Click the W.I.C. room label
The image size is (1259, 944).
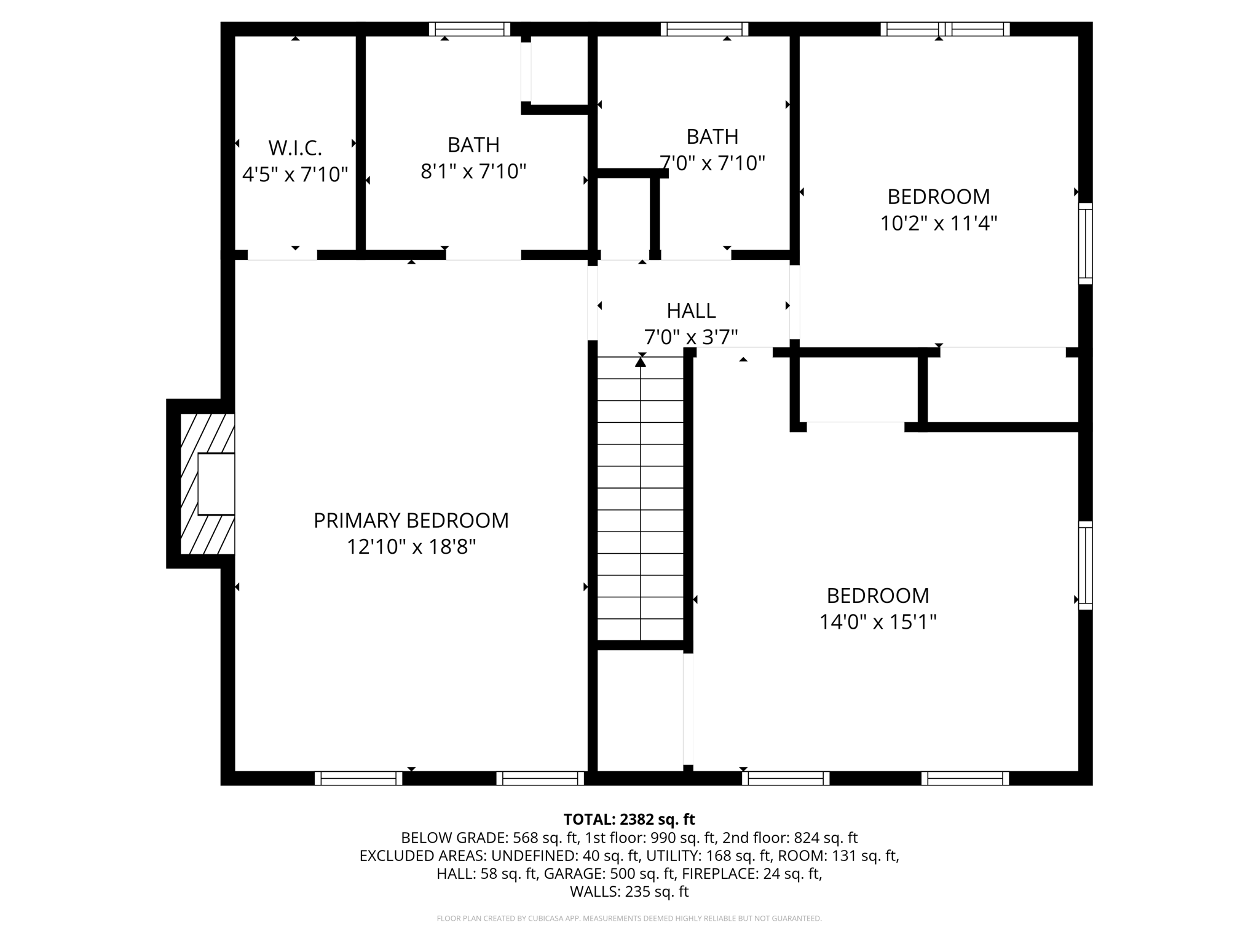coord(295,148)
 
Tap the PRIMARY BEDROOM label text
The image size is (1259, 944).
coord(411,521)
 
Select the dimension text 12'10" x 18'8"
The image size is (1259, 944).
coord(411,547)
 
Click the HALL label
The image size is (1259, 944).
coord(691,311)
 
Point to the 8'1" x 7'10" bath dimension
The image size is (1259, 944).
coord(473,171)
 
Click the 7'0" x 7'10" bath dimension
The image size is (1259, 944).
coord(712,163)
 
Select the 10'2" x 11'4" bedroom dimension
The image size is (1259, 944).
coord(938,223)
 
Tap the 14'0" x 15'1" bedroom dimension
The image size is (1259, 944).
coord(877,622)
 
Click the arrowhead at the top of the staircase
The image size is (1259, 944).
coord(641,363)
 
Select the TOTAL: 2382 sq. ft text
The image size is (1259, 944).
coord(629,819)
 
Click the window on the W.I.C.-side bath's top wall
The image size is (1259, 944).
coord(470,29)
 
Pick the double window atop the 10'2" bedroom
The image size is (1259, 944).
coord(945,29)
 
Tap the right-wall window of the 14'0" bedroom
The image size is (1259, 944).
coord(1086,565)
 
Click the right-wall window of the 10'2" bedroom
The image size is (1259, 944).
coord(1086,243)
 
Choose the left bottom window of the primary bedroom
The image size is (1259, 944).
coord(358,778)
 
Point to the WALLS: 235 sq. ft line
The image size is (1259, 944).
coord(629,892)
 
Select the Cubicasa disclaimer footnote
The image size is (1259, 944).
coord(629,919)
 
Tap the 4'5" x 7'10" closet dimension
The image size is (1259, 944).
coord(295,175)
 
